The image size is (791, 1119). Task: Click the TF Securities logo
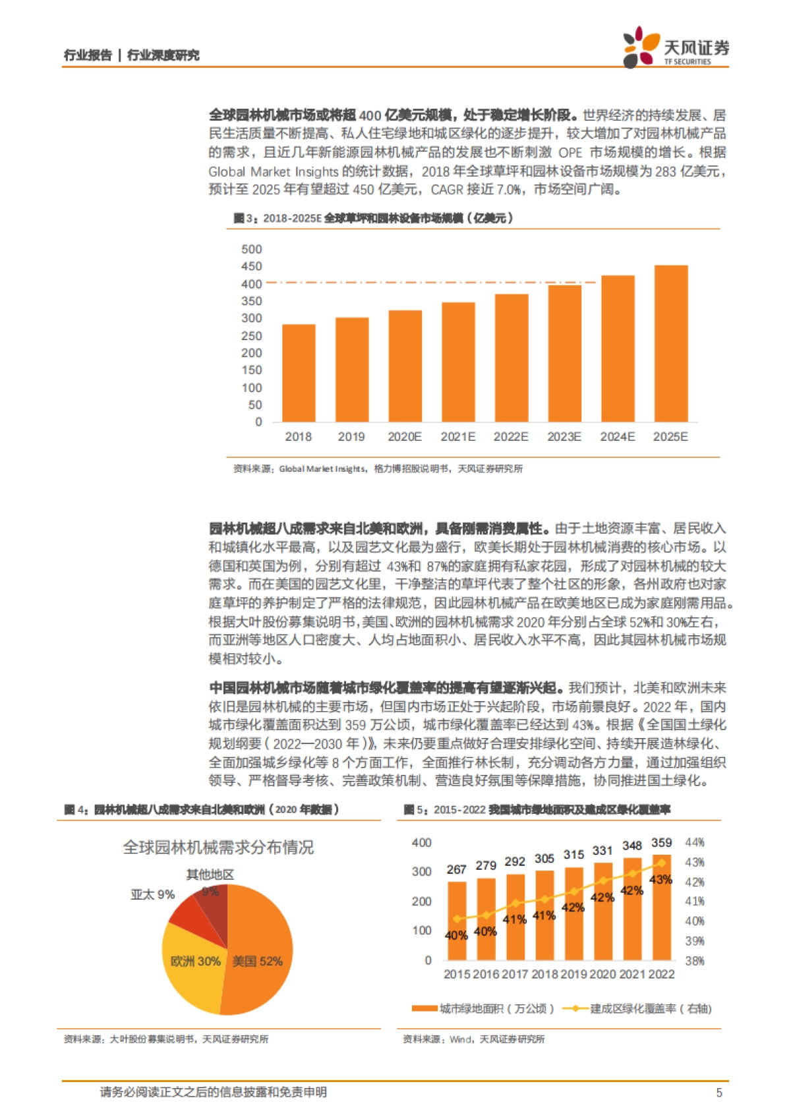[x=676, y=47]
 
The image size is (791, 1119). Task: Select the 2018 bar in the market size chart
[x=299, y=373]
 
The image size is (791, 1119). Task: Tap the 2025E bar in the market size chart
[x=671, y=343]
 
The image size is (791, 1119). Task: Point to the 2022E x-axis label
[x=511, y=437]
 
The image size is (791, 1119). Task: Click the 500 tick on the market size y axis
[x=252, y=249]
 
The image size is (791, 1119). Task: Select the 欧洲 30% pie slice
[x=195, y=961]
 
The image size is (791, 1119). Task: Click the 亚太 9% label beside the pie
[x=152, y=894]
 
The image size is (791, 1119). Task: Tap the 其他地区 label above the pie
[x=210, y=875]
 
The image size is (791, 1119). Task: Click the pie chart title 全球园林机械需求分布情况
[x=218, y=847]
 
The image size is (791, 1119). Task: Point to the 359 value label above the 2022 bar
[x=661, y=843]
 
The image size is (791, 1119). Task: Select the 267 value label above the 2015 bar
[x=456, y=870]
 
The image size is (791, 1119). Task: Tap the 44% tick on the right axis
[x=695, y=843]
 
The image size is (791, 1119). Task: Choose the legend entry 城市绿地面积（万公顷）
[x=483, y=1009]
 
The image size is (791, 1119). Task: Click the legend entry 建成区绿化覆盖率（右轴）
[x=639, y=1009]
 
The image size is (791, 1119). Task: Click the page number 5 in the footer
[x=719, y=1093]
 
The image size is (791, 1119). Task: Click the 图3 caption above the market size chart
[x=373, y=218]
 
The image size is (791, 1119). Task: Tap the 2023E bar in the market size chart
[x=564, y=353]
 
